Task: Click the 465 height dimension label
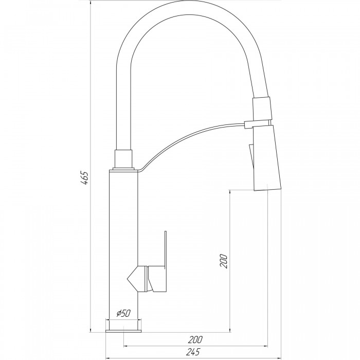(x=84, y=178)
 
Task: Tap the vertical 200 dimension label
(x=223, y=261)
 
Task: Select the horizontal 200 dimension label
(x=195, y=339)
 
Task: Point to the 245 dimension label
(x=192, y=352)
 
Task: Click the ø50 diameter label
(x=123, y=313)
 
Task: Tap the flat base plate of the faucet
(x=123, y=331)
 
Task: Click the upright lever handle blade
(x=165, y=249)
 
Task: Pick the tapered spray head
(x=267, y=158)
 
